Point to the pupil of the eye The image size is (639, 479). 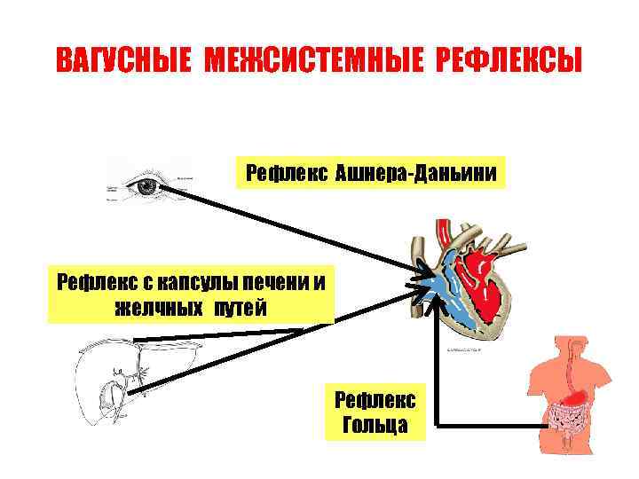pos(146,186)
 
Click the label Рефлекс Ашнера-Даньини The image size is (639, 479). pos(370,173)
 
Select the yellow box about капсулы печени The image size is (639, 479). pos(191,294)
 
